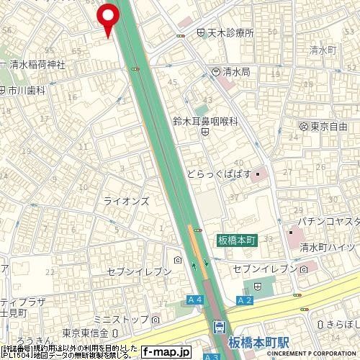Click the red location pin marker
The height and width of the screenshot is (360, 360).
pos(109,17)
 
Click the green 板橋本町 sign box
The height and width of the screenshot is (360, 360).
pos(237,240)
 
